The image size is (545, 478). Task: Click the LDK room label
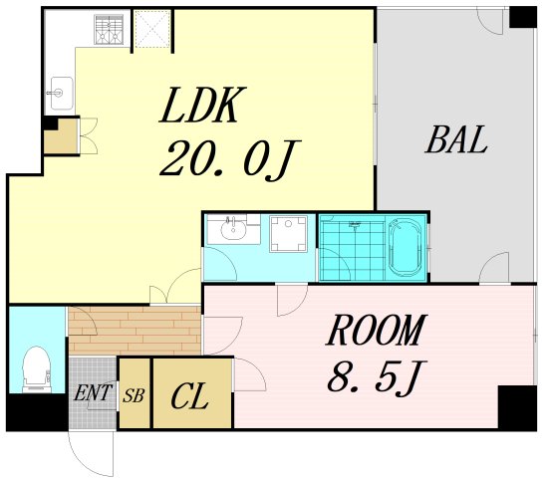202,105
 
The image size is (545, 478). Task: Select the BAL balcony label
455,139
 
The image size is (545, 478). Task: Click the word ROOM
376,330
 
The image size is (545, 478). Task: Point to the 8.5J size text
377,376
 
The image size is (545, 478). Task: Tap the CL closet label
189,396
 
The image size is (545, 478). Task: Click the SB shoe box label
134,395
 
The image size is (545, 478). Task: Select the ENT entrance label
93,392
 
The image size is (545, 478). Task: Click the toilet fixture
37,368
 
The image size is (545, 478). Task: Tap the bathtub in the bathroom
406,248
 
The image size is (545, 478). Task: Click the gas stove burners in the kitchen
110,30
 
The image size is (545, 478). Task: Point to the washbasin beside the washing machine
233,229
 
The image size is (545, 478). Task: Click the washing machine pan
289,234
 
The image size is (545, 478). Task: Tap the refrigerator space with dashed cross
152,29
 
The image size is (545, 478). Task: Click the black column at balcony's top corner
523,17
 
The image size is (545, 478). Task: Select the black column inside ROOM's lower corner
517,407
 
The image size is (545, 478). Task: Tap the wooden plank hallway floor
135,331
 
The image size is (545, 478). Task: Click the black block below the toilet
37,412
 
